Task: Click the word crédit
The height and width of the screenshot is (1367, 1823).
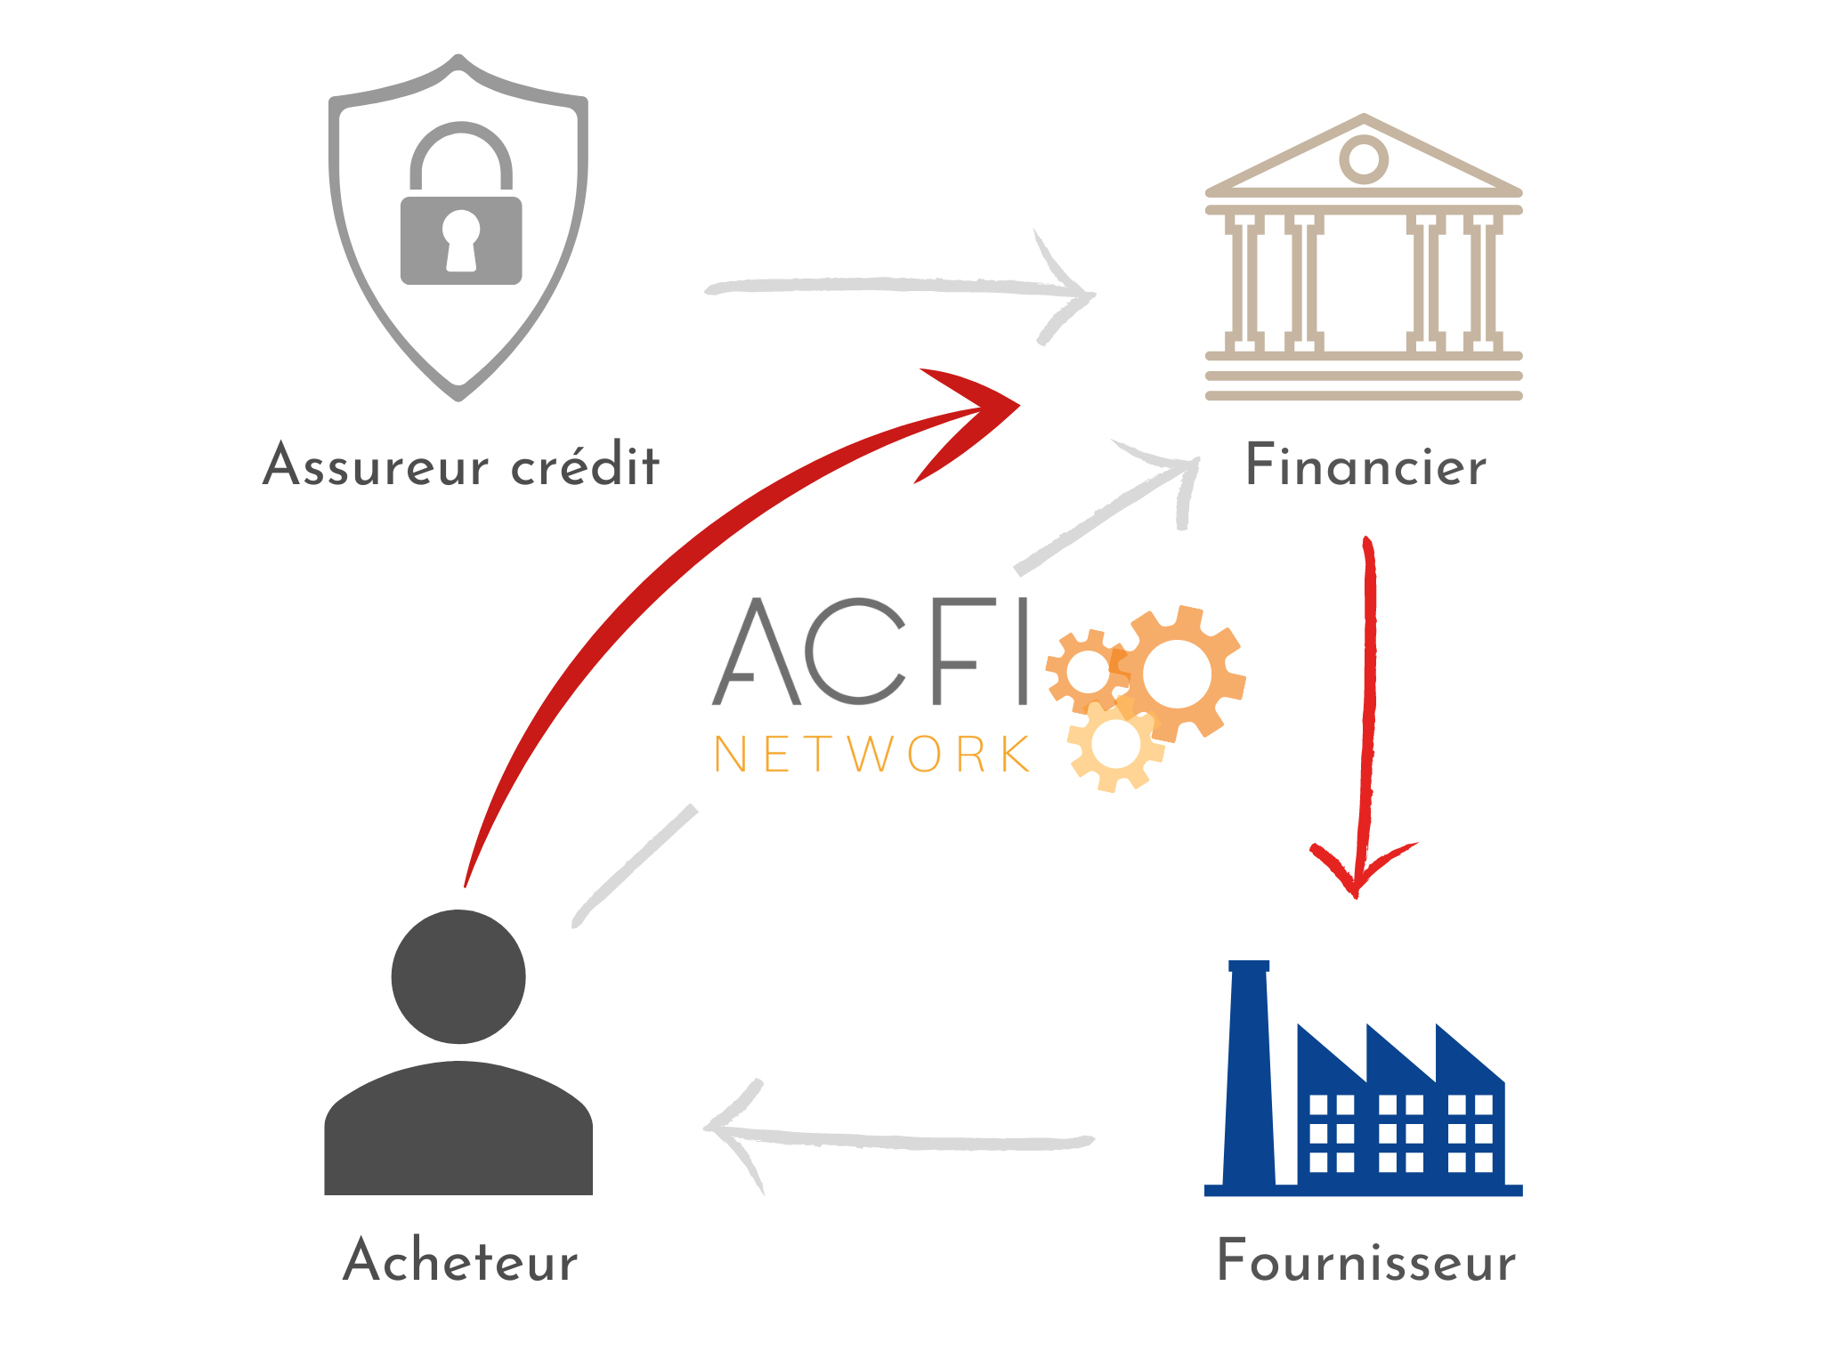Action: point(586,465)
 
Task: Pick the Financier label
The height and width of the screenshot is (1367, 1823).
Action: point(1365,465)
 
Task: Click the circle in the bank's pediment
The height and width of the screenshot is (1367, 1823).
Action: point(1363,159)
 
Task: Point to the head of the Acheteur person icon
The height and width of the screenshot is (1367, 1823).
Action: point(458,976)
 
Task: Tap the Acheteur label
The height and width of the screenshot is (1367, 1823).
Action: point(460,1260)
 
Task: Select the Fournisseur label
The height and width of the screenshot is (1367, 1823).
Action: point(1365,1261)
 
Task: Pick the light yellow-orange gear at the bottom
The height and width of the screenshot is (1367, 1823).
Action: point(1115,742)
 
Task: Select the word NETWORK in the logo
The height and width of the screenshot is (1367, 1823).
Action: point(872,755)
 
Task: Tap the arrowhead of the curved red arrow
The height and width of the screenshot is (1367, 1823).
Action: point(970,418)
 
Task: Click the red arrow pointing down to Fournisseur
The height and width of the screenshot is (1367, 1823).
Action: point(1366,712)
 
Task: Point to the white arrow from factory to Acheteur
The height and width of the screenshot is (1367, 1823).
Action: point(899,1139)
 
